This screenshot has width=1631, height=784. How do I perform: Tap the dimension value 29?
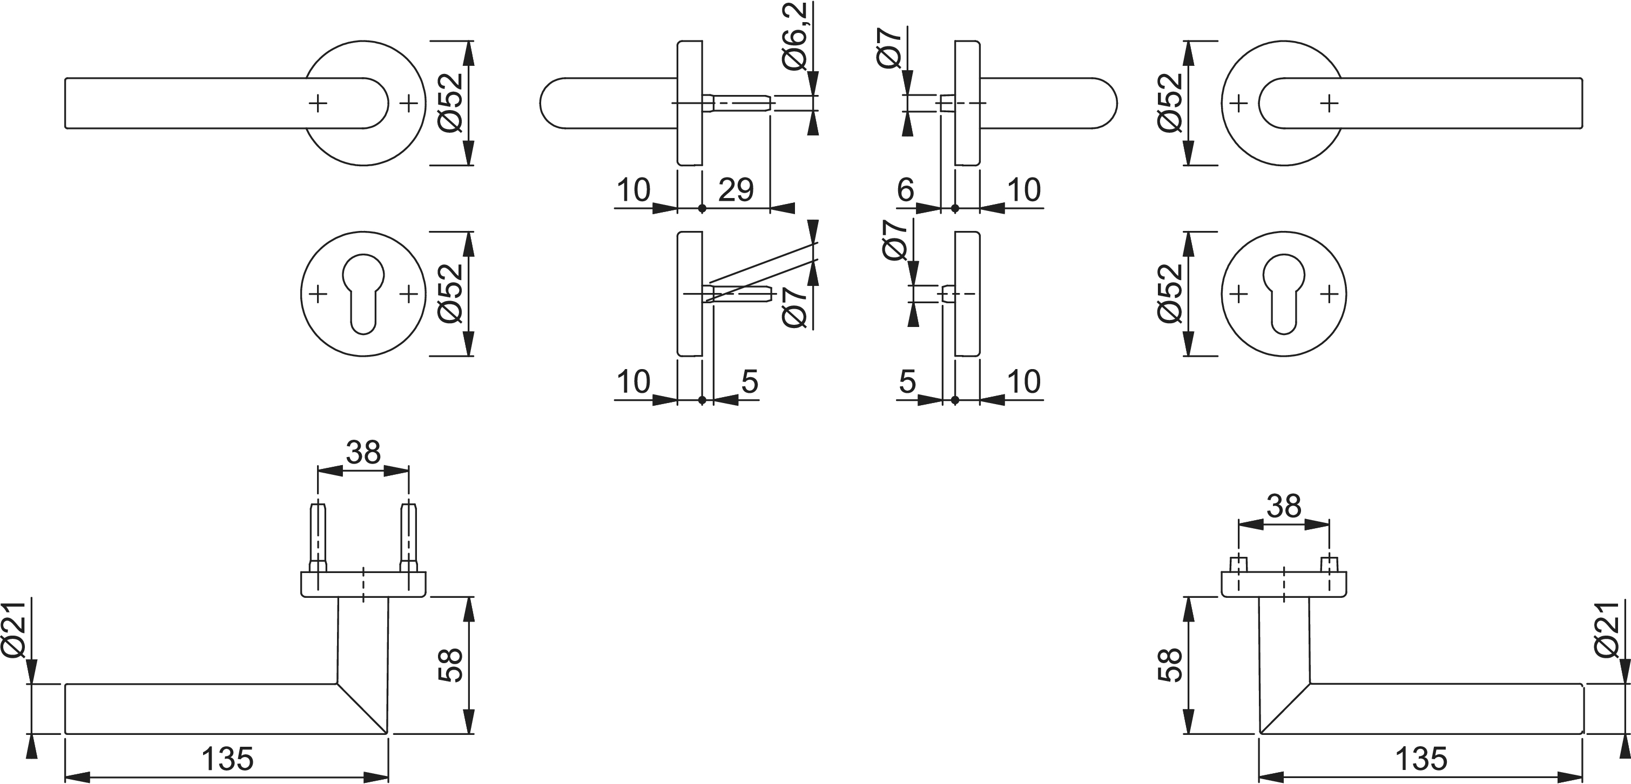pos(736,189)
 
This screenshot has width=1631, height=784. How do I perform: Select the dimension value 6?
pos(905,189)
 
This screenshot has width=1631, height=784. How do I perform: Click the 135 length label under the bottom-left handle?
pos(227,759)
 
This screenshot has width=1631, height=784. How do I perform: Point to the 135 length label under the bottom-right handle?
pos(1421,759)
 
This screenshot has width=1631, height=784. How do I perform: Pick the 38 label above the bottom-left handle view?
pos(363,452)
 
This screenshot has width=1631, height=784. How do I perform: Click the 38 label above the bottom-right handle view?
pos(1284,506)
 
